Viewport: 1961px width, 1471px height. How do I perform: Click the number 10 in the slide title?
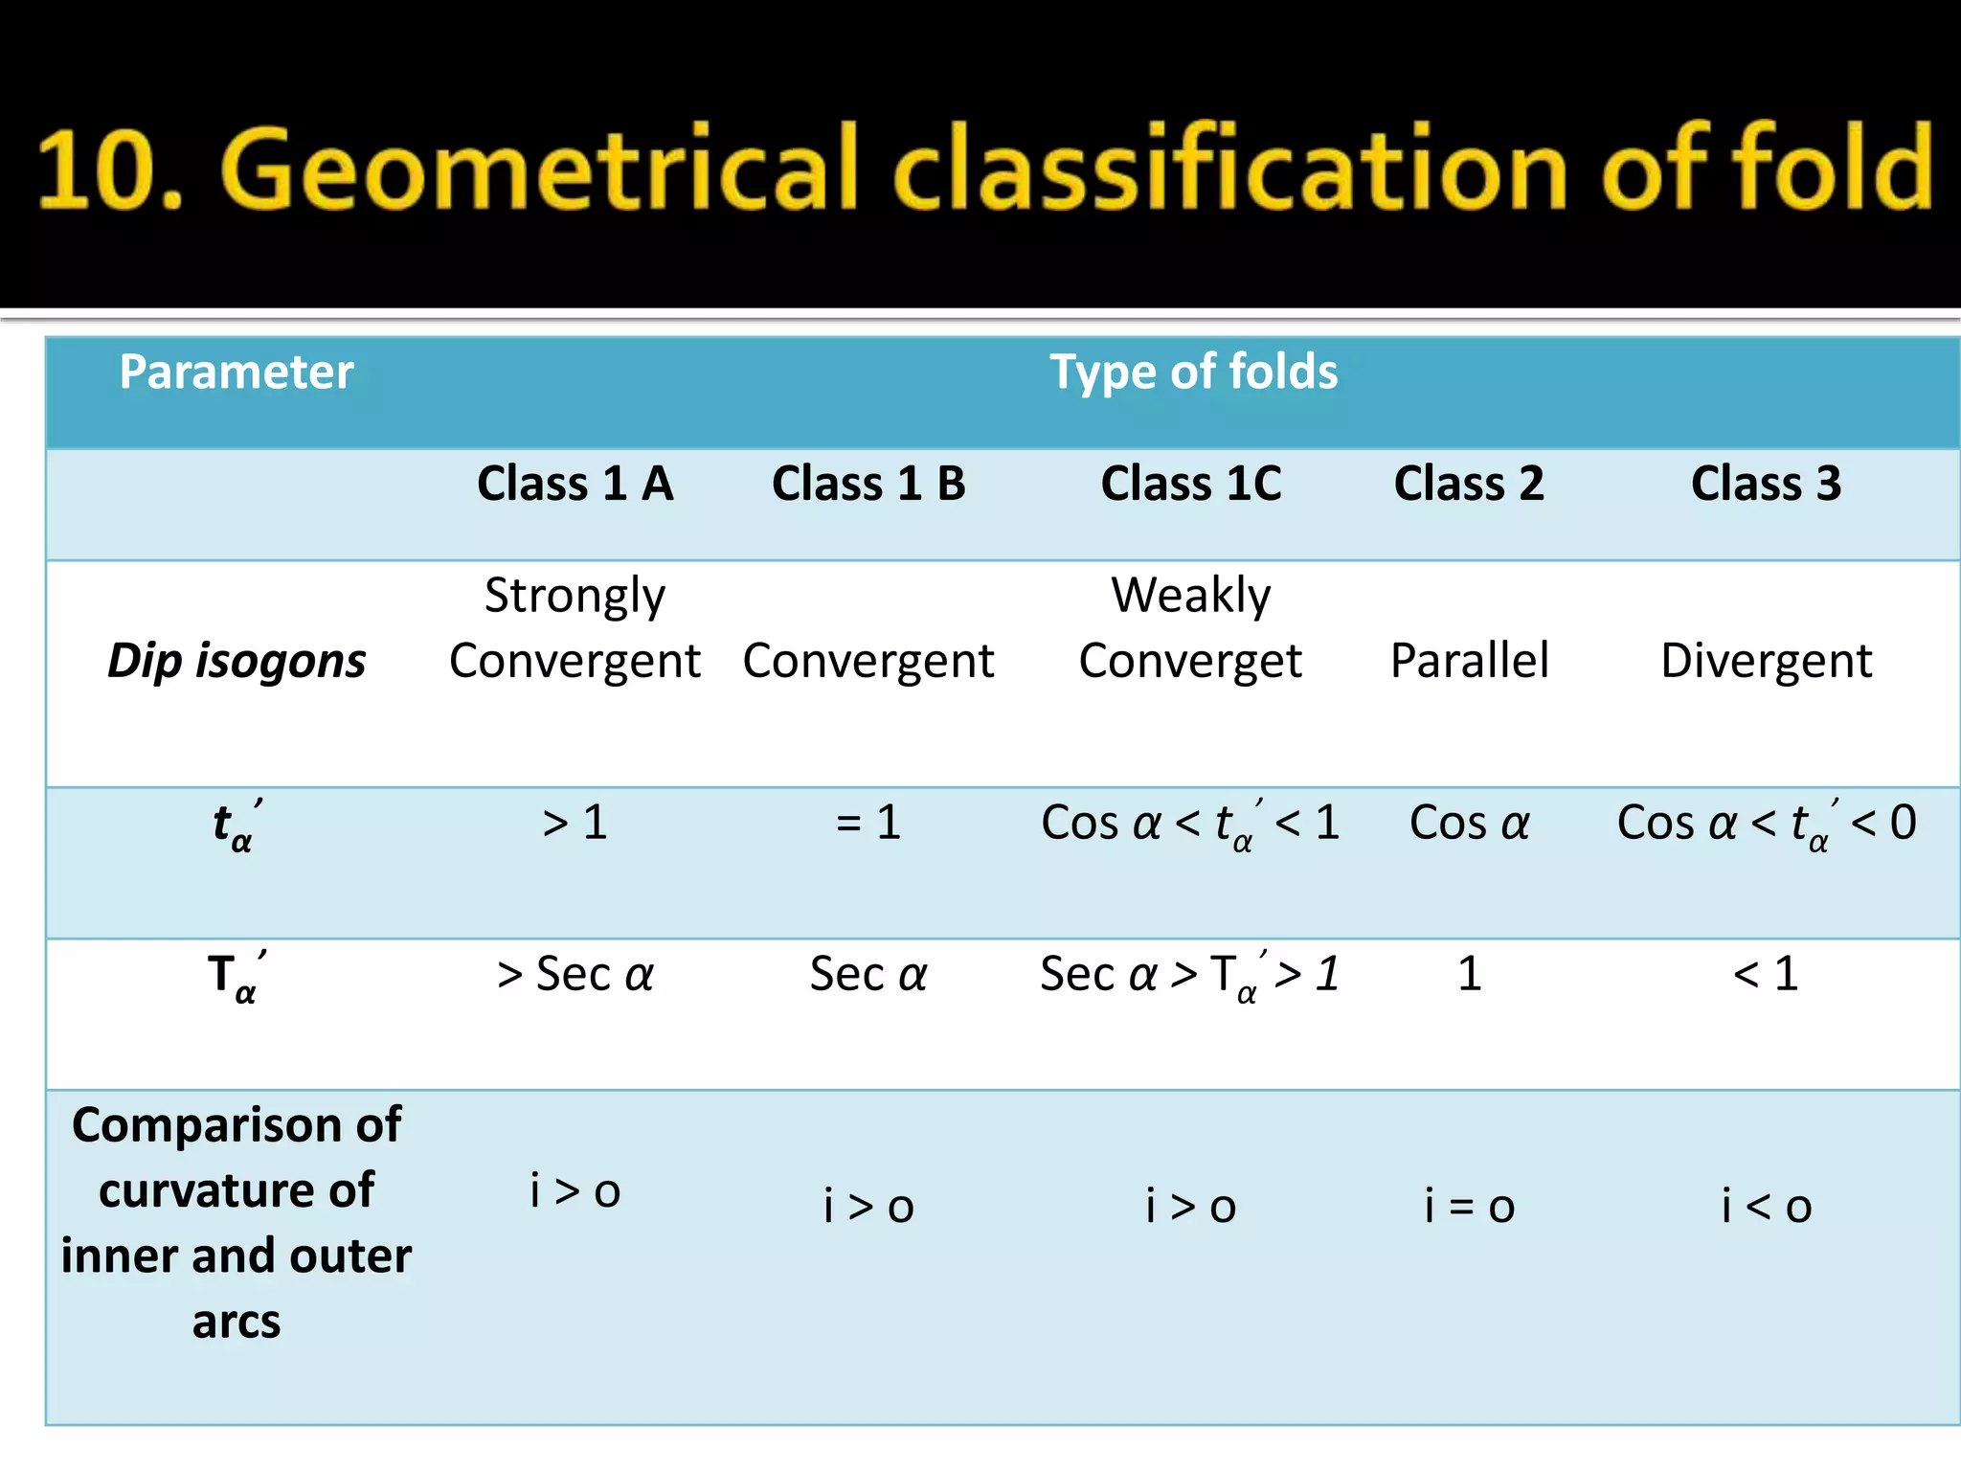96,170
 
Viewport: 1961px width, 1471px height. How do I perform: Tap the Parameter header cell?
237,373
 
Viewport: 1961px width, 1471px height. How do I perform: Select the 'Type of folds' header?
1193,373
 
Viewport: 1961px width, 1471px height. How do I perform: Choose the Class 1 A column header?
575,484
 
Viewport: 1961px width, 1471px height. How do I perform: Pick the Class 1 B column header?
868,484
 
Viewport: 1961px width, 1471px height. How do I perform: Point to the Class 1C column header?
1191,484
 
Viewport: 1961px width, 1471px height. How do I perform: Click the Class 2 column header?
1469,484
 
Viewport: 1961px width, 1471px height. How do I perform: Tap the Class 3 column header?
1766,484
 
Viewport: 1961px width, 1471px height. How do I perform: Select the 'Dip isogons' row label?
237,661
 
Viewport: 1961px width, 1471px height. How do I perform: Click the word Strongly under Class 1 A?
575,597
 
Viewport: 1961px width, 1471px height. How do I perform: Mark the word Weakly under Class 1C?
1191,596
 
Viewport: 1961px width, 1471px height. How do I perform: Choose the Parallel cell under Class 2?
1470,661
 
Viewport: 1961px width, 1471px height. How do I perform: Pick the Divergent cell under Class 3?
1767,661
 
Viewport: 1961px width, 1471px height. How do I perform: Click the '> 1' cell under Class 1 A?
575,823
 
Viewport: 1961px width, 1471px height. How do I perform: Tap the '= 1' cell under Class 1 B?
868,823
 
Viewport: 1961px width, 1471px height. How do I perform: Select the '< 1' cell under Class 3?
1766,974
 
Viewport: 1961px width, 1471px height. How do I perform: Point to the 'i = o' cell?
1470,1206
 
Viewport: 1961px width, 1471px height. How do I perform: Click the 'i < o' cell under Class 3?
1767,1206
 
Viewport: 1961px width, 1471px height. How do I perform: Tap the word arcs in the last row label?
237,1323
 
